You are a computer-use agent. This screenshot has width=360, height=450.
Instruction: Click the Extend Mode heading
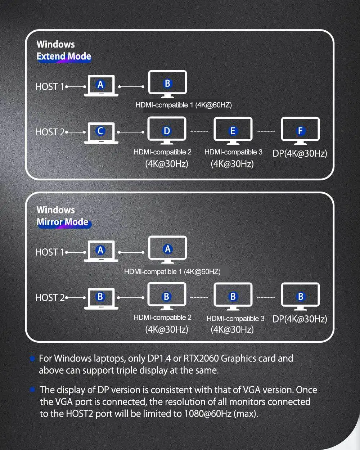coord(64,57)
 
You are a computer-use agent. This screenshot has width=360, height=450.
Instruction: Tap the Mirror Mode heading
coord(63,222)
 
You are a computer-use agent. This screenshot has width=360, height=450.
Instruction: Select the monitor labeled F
coord(300,130)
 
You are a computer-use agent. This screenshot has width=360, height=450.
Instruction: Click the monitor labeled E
coord(233,130)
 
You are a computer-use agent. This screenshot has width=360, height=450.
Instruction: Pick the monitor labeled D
coord(167,130)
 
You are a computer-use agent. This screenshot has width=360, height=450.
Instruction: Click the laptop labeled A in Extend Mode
coord(101,85)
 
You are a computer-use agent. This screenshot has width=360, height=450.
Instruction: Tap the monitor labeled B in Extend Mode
coord(167,84)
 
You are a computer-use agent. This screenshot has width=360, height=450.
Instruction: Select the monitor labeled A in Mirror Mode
coord(167,249)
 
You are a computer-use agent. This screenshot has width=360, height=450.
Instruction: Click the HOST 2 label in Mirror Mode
coord(50,298)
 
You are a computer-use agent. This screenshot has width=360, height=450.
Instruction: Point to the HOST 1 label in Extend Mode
coord(50,87)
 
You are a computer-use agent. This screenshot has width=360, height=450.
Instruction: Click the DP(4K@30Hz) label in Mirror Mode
coord(300,319)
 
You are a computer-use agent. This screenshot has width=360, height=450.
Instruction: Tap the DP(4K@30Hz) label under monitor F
coord(300,153)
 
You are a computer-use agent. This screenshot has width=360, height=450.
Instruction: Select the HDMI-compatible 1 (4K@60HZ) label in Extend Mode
coord(184,105)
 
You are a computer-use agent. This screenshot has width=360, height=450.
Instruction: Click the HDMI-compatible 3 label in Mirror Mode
coord(235,319)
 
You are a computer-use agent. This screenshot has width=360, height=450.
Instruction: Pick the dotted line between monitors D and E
coord(199,132)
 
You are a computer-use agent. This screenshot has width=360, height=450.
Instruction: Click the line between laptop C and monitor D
coord(131,132)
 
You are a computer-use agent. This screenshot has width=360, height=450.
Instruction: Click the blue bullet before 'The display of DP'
coord(32,390)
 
